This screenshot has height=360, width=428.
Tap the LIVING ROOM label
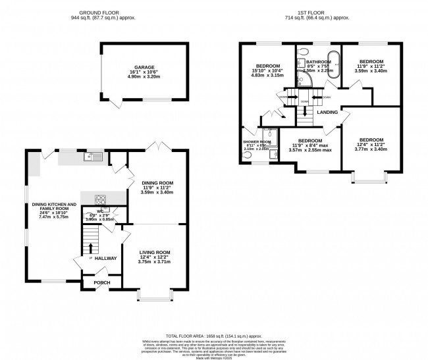(x=155, y=252)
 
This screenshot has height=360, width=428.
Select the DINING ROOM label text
(x=157, y=182)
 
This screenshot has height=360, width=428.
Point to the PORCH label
(x=102, y=283)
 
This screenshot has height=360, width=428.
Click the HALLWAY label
(x=105, y=259)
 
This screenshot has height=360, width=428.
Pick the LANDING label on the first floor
(x=327, y=113)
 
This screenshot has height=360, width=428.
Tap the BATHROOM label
(x=319, y=62)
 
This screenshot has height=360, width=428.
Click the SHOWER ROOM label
(x=256, y=141)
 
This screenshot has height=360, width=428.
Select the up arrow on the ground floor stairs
(x=90, y=247)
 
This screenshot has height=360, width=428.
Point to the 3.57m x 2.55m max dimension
(x=309, y=151)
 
